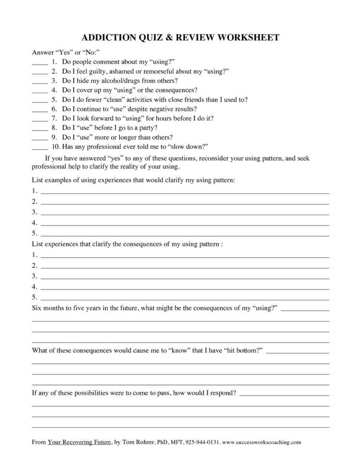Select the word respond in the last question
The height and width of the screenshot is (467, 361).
point(221,393)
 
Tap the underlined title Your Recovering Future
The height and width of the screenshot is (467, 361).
point(79,442)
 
